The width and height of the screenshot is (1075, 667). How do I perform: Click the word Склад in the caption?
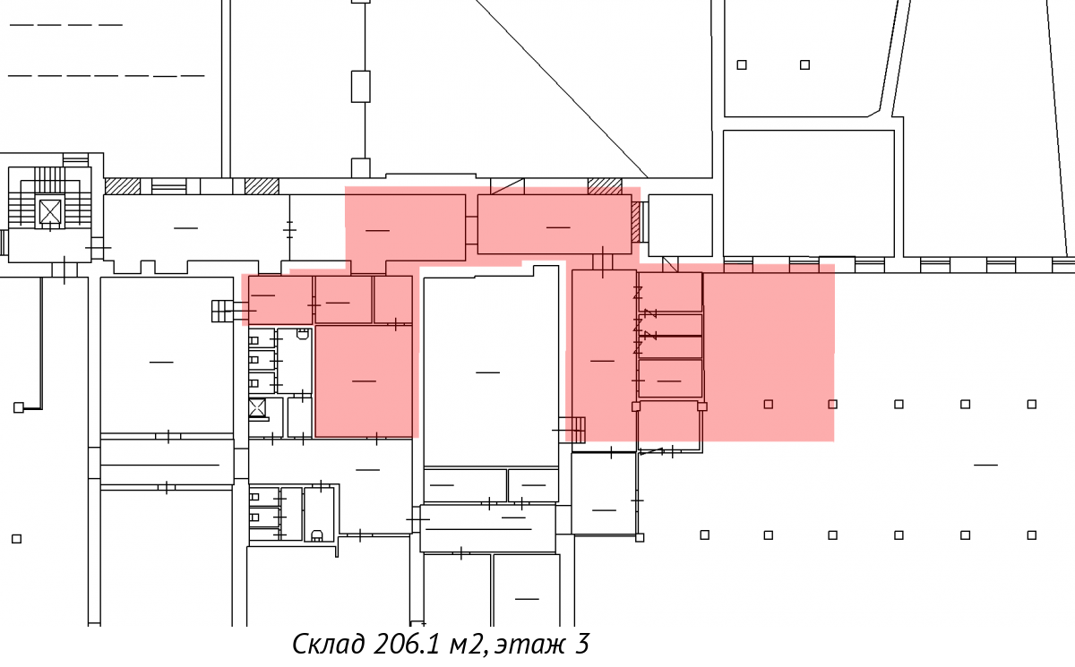click(x=328, y=645)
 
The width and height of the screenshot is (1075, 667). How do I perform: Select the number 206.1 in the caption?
click(x=406, y=644)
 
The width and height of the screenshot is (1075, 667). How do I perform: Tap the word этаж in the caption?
click(x=529, y=646)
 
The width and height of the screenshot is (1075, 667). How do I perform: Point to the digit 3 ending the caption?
click(x=581, y=644)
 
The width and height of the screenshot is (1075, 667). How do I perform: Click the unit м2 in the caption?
click(x=466, y=646)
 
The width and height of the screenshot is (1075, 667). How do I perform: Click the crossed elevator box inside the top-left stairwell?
click(x=50, y=211)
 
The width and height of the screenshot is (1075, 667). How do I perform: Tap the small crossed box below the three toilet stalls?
click(x=257, y=408)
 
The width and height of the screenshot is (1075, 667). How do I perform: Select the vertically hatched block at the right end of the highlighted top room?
click(x=636, y=222)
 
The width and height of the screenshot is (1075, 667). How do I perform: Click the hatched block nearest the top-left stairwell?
click(x=123, y=186)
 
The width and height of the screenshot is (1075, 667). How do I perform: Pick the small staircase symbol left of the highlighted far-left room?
click(x=223, y=312)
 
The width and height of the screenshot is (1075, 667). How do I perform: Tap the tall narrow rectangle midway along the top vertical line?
click(x=360, y=86)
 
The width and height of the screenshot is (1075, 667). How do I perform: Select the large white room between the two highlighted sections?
click(x=491, y=366)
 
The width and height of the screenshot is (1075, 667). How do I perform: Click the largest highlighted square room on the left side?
click(x=364, y=381)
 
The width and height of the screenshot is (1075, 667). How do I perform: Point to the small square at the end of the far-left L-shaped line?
click(x=19, y=407)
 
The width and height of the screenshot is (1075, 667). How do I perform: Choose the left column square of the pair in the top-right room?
click(x=742, y=64)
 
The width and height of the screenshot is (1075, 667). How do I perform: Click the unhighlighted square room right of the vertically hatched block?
click(x=681, y=226)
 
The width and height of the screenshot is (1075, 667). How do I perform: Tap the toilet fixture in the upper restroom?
click(x=302, y=334)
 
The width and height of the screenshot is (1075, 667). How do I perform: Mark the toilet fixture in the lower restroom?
click(x=317, y=534)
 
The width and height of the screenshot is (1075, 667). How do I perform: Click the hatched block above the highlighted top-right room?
click(x=605, y=186)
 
